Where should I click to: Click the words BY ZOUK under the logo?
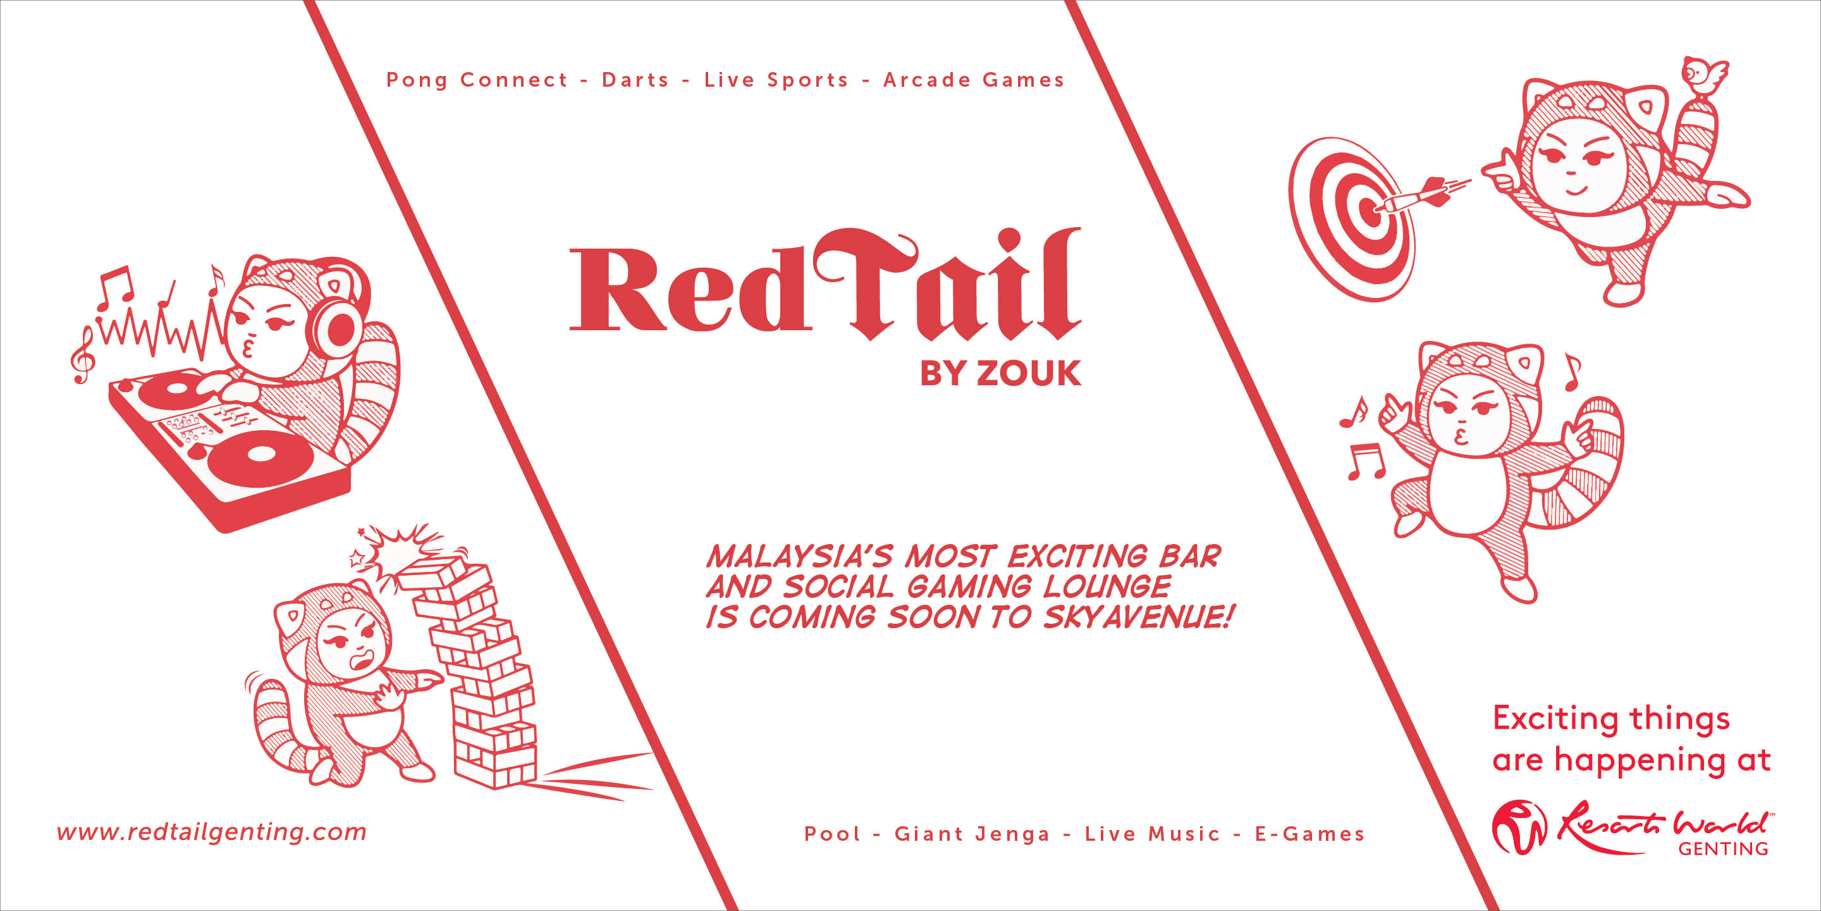tap(1000, 373)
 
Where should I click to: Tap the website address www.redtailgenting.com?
tap(211, 833)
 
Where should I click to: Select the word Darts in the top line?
tap(635, 80)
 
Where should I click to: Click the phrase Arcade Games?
tap(974, 80)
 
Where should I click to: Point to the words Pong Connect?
tap(477, 80)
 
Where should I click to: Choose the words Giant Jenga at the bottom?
tap(972, 834)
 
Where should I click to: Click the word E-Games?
tap(1309, 834)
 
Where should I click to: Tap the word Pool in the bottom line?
tap(832, 834)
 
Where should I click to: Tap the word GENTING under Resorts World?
tap(1723, 848)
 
